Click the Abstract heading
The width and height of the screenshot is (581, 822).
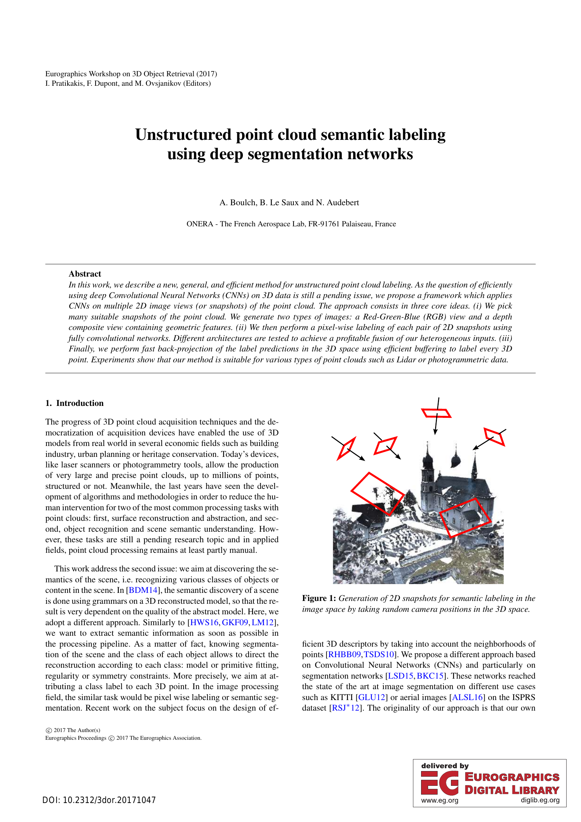85,274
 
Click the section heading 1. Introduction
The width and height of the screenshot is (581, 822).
75,403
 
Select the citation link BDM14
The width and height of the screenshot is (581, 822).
143,590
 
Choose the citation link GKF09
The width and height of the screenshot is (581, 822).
235,623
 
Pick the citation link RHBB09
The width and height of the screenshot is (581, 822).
344,654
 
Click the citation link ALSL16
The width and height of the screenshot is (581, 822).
467,697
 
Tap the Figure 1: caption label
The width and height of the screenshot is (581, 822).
319,598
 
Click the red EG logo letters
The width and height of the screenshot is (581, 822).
440,783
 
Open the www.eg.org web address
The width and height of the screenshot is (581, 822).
440,801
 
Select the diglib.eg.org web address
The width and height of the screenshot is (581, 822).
540,801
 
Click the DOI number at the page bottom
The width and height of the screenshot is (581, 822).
99,800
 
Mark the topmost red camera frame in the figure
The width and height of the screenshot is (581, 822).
437,413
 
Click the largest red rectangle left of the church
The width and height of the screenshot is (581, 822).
378,494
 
